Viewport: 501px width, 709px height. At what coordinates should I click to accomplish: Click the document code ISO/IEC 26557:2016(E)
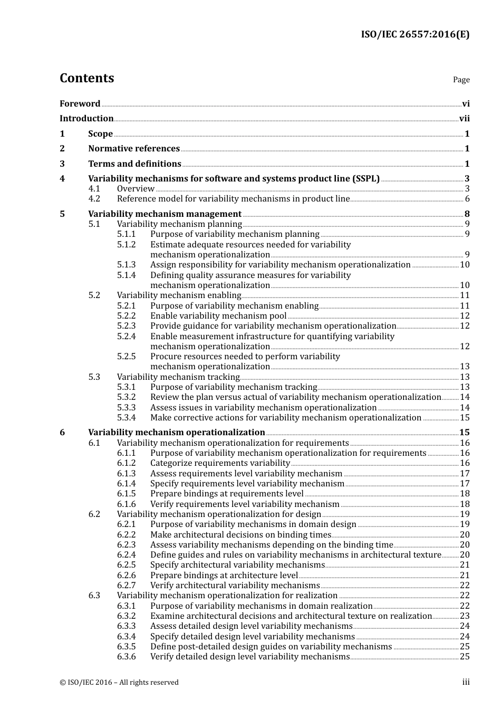pos(415,35)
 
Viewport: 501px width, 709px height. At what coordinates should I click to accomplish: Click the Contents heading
pos(86,78)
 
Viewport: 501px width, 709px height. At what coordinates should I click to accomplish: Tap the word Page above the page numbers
pos(461,80)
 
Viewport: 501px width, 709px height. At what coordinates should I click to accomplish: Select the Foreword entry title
pos(80,103)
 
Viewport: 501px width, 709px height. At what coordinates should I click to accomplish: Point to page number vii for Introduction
pos(464,119)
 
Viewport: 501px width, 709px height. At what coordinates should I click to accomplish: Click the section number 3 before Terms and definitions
pos(62,164)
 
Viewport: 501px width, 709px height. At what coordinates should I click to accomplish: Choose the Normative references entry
pos(134,149)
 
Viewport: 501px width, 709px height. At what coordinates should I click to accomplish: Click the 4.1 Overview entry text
pos(136,189)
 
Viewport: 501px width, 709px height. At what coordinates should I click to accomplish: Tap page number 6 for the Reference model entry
pos(467,199)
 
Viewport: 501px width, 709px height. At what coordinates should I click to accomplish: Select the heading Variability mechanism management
pos(165,214)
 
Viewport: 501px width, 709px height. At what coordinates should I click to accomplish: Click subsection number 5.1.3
pos(126,265)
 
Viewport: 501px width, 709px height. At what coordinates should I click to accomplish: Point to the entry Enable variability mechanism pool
pos(218,316)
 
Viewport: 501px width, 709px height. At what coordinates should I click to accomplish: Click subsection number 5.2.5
pos(126,357)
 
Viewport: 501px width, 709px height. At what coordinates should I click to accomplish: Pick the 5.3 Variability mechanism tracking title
pos(178,377)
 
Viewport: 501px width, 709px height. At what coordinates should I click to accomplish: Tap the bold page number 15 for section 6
pos(464,433)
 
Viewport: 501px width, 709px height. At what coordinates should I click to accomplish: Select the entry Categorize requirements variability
pos(220,463)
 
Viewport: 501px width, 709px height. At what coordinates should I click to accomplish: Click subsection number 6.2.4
pos(126,555)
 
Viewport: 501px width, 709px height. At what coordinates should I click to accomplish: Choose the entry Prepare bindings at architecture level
pos(224,576)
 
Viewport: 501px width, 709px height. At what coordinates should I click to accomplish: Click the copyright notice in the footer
pos(119,683)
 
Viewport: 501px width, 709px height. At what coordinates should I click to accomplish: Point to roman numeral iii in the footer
pos(466,683)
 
